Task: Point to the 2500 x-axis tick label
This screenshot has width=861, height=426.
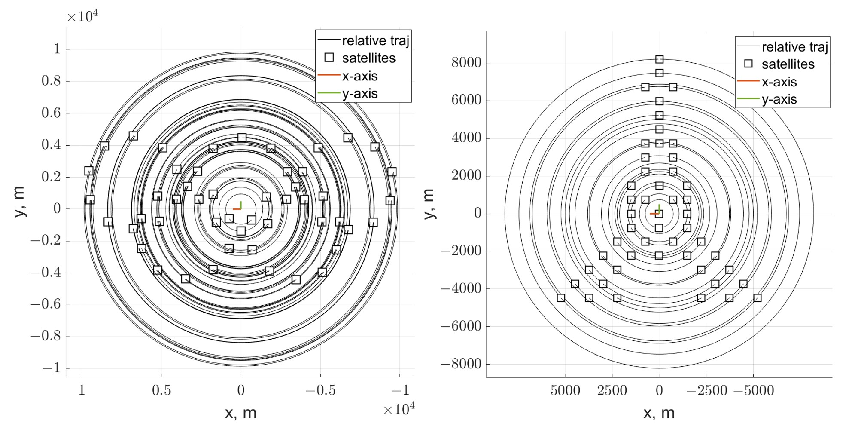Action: coord(612,391)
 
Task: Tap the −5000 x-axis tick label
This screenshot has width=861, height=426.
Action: coord(754,391)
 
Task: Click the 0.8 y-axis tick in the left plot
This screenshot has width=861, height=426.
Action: coord(51,81)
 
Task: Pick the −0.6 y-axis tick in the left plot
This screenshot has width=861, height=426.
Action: coord(45,304)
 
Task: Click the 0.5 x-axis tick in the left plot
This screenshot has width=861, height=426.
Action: coord(161,390)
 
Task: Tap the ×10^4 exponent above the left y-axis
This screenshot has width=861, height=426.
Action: coord(82,16)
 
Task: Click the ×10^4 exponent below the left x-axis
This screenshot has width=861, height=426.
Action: coord(399,409)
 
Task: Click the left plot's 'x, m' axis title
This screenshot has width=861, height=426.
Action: coord(240,413)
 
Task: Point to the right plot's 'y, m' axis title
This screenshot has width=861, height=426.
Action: coord(429,204)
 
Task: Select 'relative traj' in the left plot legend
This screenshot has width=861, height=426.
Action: coord(375,41)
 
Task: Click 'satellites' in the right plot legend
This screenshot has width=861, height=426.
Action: coord(788,64)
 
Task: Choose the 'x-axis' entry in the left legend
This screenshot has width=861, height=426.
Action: coord(359,76)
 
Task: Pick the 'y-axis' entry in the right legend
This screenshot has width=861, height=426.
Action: coord(779,99)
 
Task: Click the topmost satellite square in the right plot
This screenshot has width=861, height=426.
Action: coord(659,59)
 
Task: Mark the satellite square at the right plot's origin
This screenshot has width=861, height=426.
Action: coord(660,214)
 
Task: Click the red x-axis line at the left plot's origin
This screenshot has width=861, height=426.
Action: coord(236,209)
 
